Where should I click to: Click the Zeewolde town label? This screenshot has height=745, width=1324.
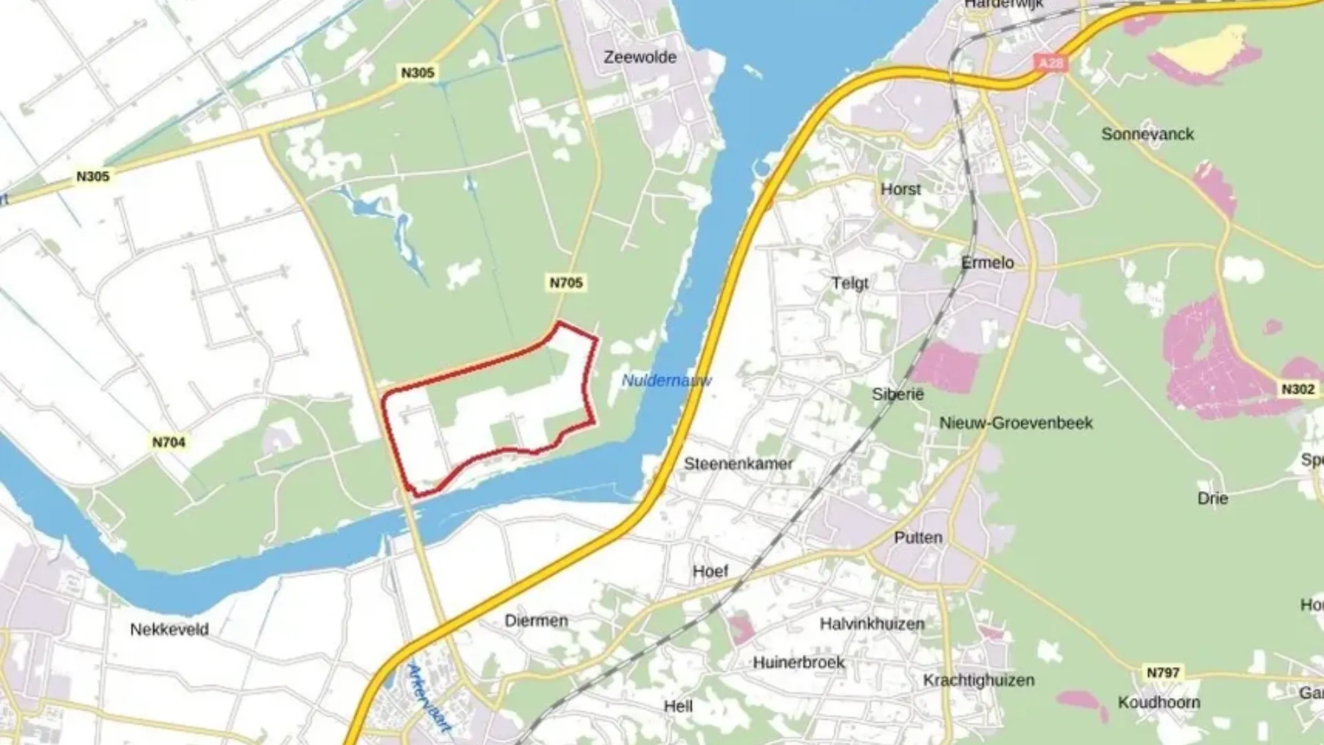(640, 57)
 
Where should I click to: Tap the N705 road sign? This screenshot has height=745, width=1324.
(566, 283)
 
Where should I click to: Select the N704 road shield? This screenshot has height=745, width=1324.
(169, 442)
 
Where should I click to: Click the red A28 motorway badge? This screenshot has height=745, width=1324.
(1051, 63)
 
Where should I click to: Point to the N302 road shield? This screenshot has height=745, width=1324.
(1297, 389)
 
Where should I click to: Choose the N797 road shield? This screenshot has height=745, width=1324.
(1163, 672)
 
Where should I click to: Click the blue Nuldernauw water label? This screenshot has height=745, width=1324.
(666, 380)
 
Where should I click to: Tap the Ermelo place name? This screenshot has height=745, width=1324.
(987, 263)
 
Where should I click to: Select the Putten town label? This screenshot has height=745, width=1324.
(918, 537)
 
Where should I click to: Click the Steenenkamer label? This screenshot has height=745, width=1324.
(738, 464)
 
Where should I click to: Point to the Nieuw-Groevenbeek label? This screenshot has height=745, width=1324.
(1016, 423)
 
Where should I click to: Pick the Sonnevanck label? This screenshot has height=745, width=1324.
(1147, 135)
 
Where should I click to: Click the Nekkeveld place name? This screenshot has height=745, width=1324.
(169, 629)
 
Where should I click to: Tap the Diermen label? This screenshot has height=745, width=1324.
(536, 620)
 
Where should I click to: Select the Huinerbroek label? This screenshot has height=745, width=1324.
(799, 662)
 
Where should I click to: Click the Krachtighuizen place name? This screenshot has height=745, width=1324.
(979, 680)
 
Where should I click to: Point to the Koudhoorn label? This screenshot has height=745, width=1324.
(1158, 702)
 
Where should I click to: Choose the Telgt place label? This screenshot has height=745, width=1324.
(850, 283)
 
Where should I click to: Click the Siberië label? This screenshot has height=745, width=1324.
(897, 394)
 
